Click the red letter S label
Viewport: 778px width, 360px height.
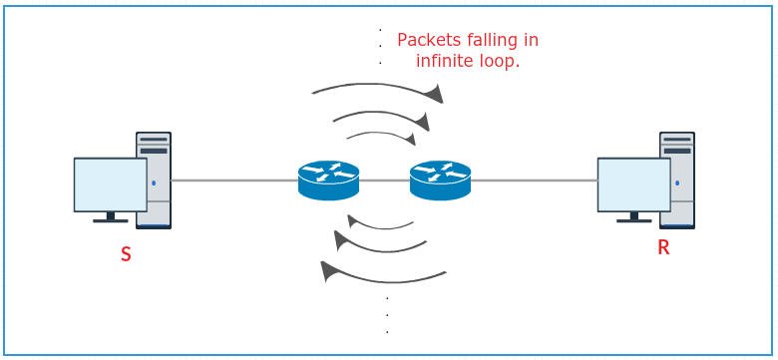(x=126, y=254)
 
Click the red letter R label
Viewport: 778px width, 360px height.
(x=663, y=247)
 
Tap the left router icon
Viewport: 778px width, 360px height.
(x=328, y=180)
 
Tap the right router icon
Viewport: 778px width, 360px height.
(x=440, y=180)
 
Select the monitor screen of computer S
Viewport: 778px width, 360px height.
(x=110, y=183)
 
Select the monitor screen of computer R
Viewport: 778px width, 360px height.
(x=633, y=183)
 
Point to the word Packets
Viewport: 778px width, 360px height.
(x=428, y=40)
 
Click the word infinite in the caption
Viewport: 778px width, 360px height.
(x=444, y=61)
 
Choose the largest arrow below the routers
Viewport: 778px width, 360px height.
(x=384, y=277)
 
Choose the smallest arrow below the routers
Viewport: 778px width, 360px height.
(x=380, y=224)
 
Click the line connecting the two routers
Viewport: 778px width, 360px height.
(x=384, y=180)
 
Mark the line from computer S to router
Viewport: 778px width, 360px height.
(x=234, y=180)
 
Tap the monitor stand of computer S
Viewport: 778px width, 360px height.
(x=110, y=217)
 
